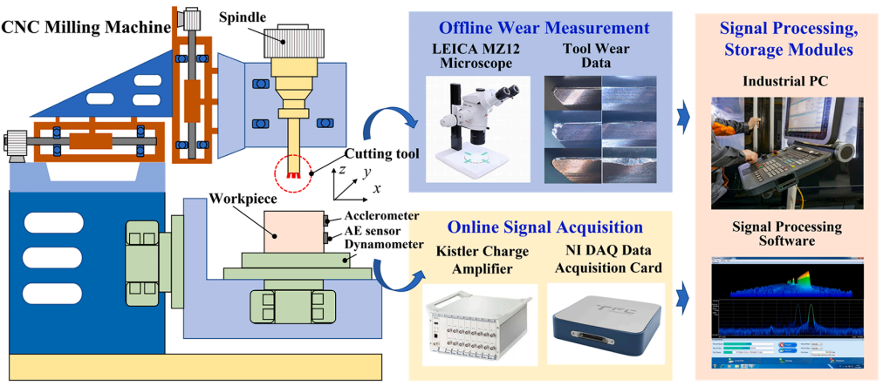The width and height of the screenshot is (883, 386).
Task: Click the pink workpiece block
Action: [292, 231]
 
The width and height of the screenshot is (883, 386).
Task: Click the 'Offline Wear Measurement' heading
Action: [544, 28]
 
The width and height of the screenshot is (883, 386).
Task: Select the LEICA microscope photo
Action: [476, 128]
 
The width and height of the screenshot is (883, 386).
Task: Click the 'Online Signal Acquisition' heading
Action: [545, 227]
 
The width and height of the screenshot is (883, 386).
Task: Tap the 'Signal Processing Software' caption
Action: [787, 234]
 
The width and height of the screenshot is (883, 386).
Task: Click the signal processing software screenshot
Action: [787, 315]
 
